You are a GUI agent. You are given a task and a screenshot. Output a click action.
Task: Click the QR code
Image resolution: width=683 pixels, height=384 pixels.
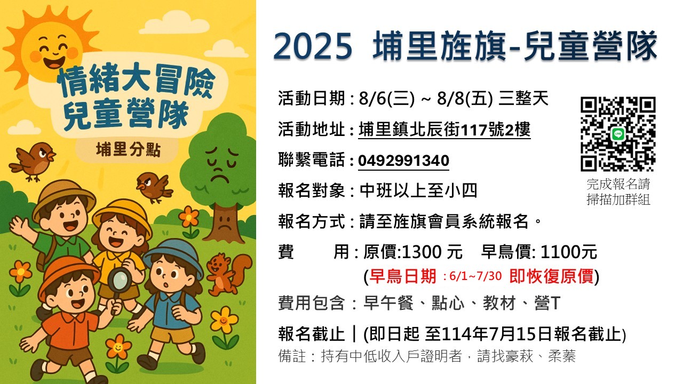pyautogui.click(x=618, y=134)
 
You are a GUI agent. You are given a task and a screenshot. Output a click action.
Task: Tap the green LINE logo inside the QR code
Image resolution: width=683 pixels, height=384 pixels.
pyautogui.click(x=618, y=134)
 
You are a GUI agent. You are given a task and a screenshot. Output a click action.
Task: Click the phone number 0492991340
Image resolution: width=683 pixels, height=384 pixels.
pyautogui.click(x=403, y=161)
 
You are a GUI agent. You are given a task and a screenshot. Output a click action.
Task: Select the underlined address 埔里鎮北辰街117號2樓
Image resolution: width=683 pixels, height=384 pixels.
pyautogui.click(x=444, y=130)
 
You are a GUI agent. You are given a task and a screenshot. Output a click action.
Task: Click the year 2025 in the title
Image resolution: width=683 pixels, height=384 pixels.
pyautogui.click(x=313, y=46)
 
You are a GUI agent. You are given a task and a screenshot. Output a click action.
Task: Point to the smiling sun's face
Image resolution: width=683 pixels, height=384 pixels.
pyautogui.click(x=54, y=50)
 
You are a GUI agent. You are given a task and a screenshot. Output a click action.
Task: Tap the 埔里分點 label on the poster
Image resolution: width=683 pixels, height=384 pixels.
pyautogui.click(x=128, y=150)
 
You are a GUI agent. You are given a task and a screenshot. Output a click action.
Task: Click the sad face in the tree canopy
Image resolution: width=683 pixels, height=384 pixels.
pyautogui.click(x=219, y=165)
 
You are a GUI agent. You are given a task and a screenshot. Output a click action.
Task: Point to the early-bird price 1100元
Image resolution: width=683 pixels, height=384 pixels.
pyautogui.click(x=569, y=252)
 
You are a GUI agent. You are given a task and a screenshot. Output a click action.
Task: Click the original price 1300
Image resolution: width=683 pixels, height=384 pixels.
pyautogui.click(x=422, y=252)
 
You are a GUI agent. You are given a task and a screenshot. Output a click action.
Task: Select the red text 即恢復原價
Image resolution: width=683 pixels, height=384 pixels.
pyautogui.click(x=551, y=276)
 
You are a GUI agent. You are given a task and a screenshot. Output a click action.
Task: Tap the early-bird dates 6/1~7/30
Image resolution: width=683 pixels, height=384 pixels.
pyautogui.click(x=475, y=276)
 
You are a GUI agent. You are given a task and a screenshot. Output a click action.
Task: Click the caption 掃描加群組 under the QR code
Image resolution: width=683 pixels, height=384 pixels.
pyautogui.click(x=618, y=199)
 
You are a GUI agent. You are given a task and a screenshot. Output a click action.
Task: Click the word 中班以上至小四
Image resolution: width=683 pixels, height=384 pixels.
pyautogui.click(x=418, y=191)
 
